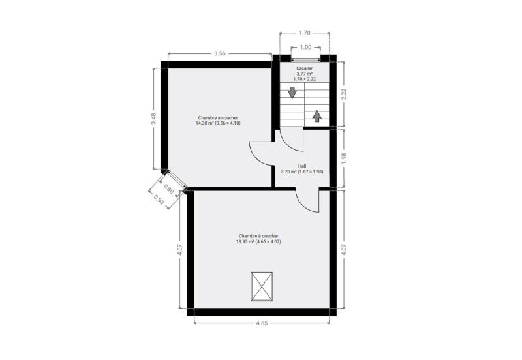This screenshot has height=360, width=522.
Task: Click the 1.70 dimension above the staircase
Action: coord(304,33)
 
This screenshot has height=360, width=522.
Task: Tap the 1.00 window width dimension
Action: coord(305,47)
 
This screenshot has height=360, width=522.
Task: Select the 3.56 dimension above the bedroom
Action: coord(220,53)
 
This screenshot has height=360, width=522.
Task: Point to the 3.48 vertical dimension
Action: coord(153,119)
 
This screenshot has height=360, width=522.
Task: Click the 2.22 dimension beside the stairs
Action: coord(344,94)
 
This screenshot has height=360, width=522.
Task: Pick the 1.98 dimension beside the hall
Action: coord(344,158)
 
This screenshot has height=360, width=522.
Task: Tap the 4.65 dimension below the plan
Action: coord(262,323)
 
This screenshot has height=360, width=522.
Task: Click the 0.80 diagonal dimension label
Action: coord(168,189)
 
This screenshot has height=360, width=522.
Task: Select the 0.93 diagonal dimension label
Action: coord(159,199)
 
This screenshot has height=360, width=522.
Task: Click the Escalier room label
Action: coord(304,68)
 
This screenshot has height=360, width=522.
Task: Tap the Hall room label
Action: coord(302,166)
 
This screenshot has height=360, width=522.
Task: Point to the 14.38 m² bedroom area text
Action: coord(218,123)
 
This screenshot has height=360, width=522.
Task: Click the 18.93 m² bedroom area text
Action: coord(258,241)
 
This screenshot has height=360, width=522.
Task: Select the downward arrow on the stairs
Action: coord(292,93)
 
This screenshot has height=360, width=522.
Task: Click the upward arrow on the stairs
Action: coord(317,116)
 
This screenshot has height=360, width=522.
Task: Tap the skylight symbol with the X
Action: coord(262,286)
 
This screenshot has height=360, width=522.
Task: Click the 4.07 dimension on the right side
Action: coord(344,250)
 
